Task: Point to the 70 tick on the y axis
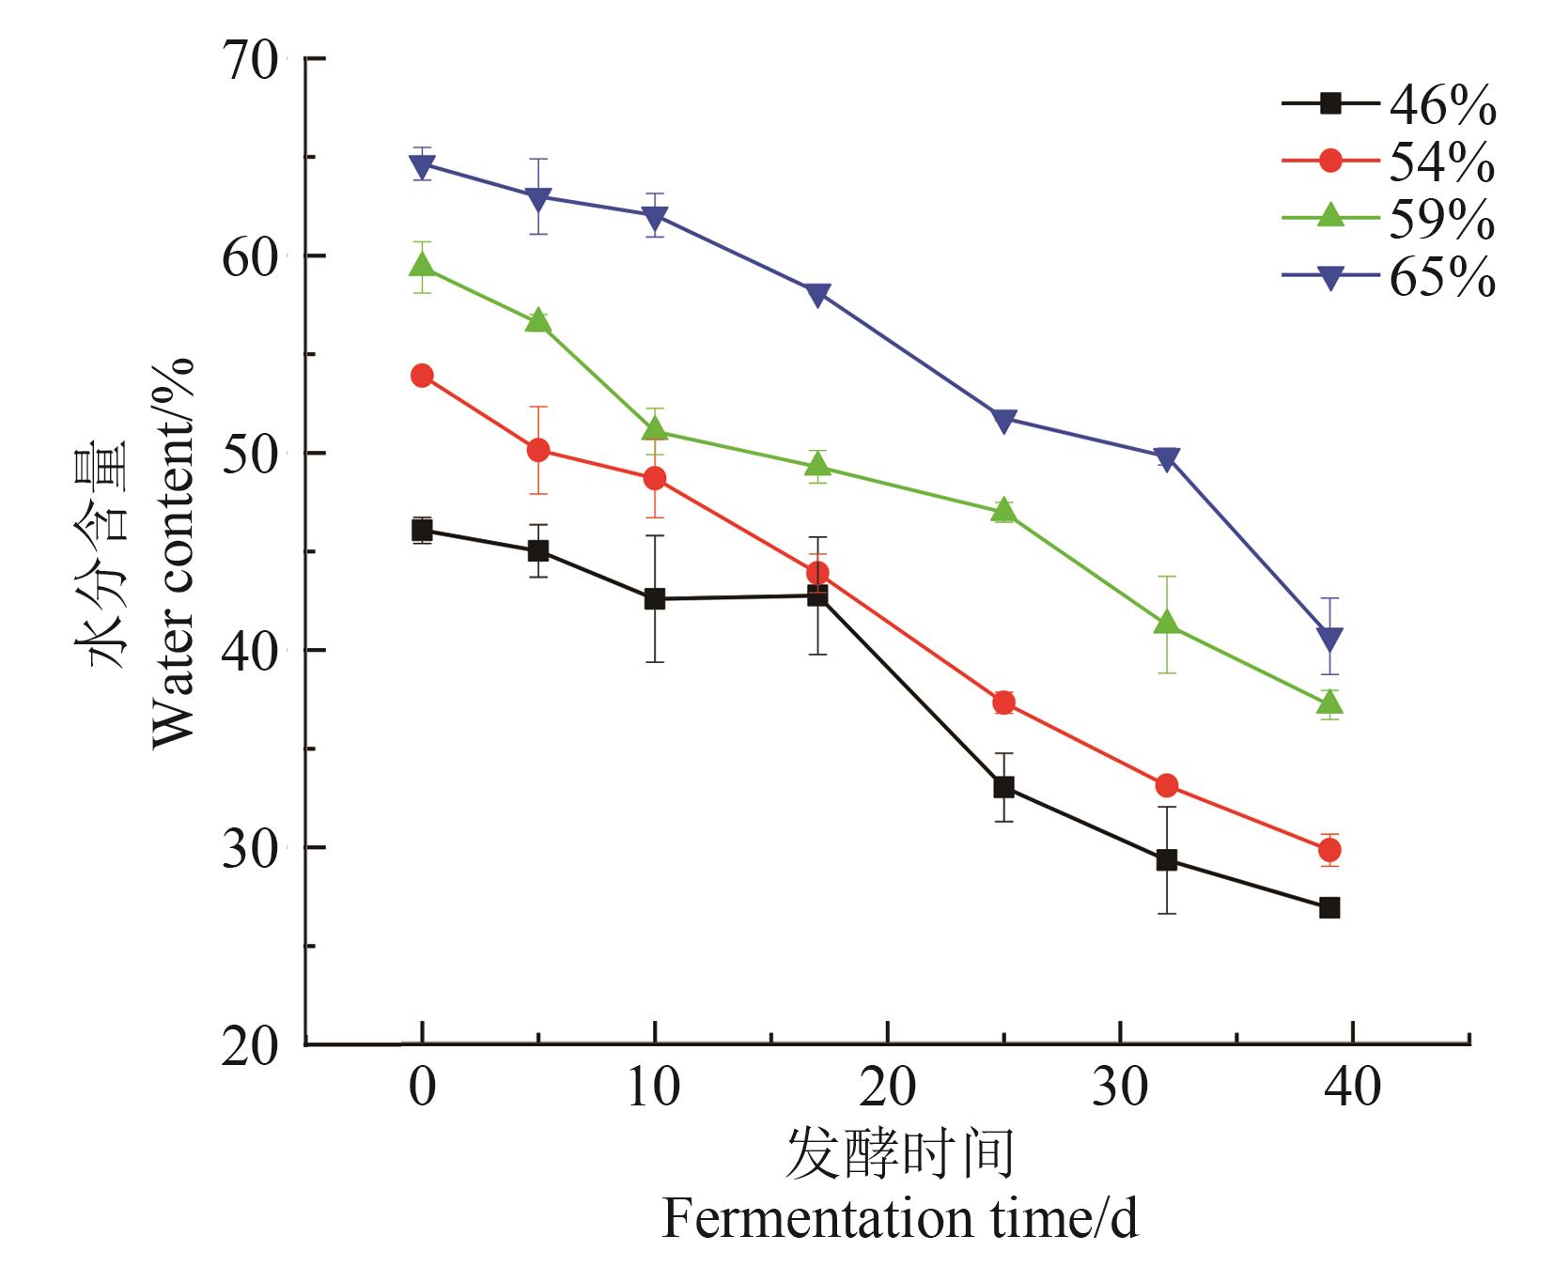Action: pyautogui.click(x=250, y=59)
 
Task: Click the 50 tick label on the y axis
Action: pyautogui.click(x=250, y=454)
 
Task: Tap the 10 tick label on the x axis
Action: pyautogui.click(x=654, y=1088)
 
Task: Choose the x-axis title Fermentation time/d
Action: pyautogui.click(x=899, y=1220)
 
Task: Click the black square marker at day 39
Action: pyautogui.click(x=1329, y=908)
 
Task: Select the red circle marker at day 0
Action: pyautogui.click(x=422, y=376)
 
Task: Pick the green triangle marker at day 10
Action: pyautogui.click(x=655, y=429)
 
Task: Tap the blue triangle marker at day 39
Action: pyautogui.click(x=1329, y=639)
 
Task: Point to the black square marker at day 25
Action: pyautogui.click(x=1003, y=787)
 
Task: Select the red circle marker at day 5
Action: pyautogui.click(x=538, y=450)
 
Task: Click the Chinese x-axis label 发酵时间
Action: pyautogui.click(x=899, y=1154)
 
